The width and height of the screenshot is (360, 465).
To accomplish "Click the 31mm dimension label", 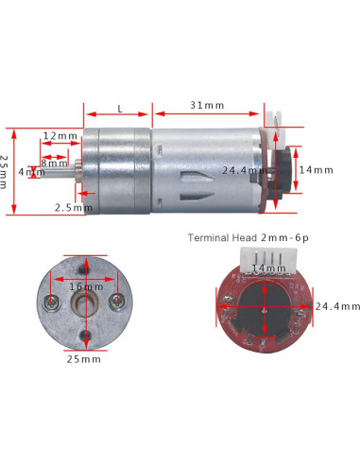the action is [x=207, y=105].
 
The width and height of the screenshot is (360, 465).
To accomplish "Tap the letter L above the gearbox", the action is [x=120, y=109].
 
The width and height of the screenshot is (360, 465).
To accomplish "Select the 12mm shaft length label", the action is [x=60, y=136].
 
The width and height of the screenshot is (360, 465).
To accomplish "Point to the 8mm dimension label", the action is [x=54, y=164].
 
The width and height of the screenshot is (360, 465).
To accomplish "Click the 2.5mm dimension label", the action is [x=74, y=208].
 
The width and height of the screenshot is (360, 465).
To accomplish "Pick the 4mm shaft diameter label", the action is [x=31, y=172].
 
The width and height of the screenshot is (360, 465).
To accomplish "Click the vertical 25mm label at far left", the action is [x=4, y=172].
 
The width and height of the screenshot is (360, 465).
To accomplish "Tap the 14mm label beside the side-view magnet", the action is [x=316, y=170].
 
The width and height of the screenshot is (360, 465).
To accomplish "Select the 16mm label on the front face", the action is [x=86, y=286].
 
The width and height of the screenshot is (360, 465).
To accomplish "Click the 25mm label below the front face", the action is [x=84, y=359].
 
